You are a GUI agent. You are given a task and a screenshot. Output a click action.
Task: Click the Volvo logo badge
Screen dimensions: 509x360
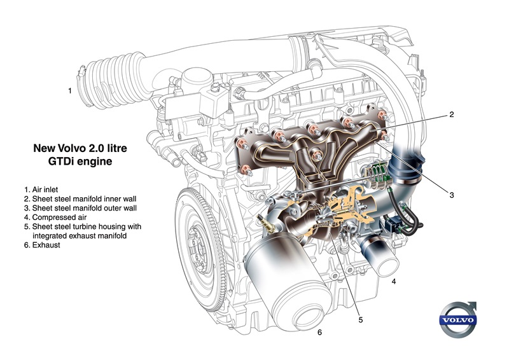point(457,320)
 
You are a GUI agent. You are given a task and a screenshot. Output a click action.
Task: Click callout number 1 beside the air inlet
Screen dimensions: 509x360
point(70,90)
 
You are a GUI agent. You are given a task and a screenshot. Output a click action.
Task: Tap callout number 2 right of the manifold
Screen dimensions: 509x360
point(452,114)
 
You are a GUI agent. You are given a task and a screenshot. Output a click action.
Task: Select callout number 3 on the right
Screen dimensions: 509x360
point(452,195)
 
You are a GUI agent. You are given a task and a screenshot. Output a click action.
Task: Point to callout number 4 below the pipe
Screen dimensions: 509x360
point(394,281)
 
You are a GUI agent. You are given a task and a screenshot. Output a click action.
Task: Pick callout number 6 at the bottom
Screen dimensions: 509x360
point(320,333)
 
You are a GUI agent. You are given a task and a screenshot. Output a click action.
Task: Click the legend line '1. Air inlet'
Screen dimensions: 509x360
point(41,190)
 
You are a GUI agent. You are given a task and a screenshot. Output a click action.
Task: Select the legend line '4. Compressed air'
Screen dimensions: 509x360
point(55,217)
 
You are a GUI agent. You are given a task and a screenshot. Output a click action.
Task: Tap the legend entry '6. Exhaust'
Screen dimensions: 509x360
point(42,245)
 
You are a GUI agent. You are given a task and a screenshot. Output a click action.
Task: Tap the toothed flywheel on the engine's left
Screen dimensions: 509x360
point(200,250)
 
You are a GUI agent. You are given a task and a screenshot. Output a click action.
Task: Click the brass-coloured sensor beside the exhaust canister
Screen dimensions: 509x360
point(267,224)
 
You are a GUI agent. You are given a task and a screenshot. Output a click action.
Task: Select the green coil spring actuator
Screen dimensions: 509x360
point(376,176)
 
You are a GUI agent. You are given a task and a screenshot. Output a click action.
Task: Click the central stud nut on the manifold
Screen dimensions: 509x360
point(316,155)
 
